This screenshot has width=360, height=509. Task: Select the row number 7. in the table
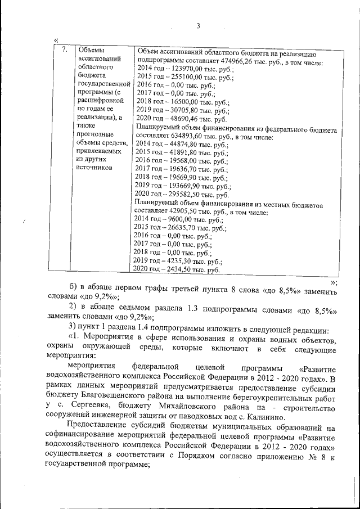[x=65, y=49]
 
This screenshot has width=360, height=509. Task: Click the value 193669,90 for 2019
[x=182, y=185]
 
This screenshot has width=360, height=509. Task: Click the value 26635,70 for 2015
[x=181, y=228]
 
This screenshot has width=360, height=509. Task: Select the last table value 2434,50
[x=178, y=270]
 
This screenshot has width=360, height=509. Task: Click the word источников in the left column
[x=96, y=168]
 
